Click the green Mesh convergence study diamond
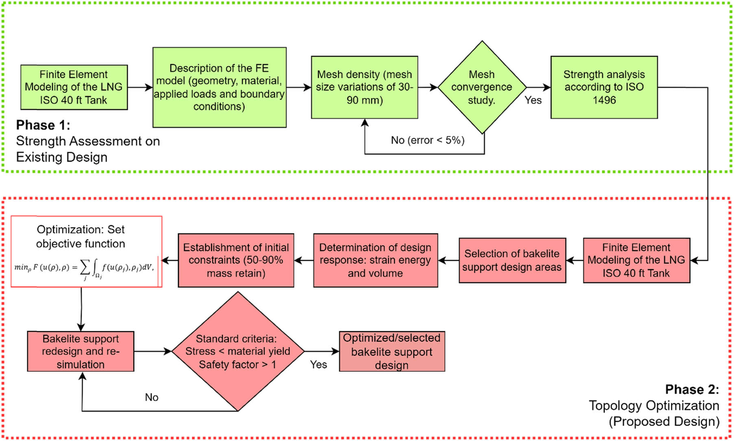(482, 87)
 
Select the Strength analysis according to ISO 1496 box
(604, 87)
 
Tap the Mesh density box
(364, 87)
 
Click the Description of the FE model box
(219, 87)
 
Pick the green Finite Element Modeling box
(74, 87)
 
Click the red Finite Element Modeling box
(636, 260)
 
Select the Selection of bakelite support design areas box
(512, 260)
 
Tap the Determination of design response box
(375, 260)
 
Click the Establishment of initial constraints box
(236, 260)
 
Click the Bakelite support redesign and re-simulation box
(81, 351)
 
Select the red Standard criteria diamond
(238, 351)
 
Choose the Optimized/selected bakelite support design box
(392, 351)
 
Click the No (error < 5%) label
(427, 140)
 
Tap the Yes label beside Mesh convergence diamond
(533, 100)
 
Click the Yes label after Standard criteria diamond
(318, 365)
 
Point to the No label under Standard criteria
(152, 397)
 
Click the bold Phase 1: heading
(43, 125)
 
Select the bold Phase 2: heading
(692, 389)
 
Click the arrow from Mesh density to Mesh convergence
(427, 87)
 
